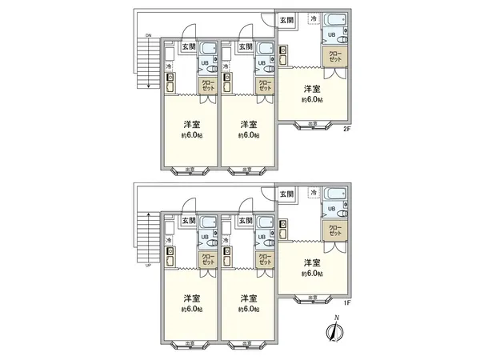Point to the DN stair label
[148, 37]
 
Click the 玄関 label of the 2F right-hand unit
[286, 20]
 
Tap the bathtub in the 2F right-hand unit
[337, 20]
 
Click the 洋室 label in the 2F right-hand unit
[312, 89]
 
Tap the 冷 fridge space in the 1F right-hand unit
[313, 193]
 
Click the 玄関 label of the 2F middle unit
[246, 46]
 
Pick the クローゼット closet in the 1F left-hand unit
[207, 259]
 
